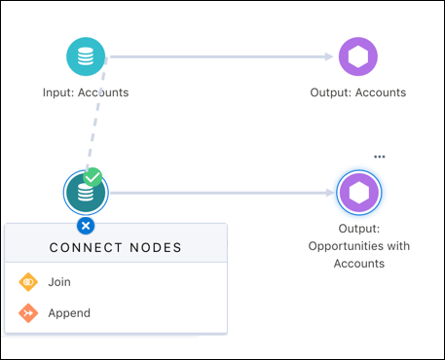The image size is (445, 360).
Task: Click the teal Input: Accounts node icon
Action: click(x=86, y=56)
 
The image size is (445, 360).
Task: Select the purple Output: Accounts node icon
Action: click(x=359, y=56)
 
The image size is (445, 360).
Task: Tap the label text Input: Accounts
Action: click(x=86, y=93)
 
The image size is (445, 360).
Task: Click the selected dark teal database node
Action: click(x=85, y=193)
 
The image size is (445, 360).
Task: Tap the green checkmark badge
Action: click(x=93, y=178)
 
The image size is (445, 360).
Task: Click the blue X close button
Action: click(x=86, y=226)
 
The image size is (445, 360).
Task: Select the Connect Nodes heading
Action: click(x=116, y=248)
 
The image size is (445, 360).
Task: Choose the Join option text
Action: click(x=59, y=282)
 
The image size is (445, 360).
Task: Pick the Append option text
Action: click(x=69, y=313)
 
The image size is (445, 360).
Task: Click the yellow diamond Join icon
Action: click(x=27, y=282)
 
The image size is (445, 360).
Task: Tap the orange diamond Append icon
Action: click(x=27, y=313)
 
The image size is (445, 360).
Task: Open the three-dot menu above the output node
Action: click(x=380, y=157)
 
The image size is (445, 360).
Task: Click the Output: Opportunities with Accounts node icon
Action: click(x=359, y=193)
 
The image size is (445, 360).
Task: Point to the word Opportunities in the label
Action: click(x=359, y=246)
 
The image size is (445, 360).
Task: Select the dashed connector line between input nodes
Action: click(x=97, y=117)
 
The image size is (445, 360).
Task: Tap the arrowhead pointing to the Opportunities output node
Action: click(x=328, y=193)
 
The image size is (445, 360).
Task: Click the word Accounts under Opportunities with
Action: click(x=359, y=263)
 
